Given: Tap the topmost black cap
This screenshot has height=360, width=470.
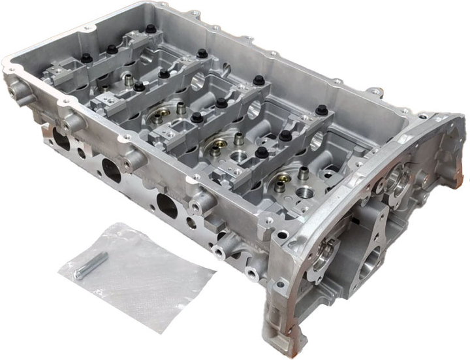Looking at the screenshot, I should [151, 29].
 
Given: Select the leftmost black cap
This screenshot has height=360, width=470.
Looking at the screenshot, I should [86, 58].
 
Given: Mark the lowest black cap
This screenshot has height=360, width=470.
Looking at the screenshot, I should [262, 152].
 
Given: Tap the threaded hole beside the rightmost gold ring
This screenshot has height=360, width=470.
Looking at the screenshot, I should [304, 194].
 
